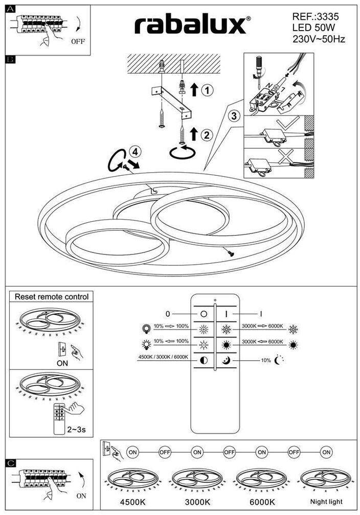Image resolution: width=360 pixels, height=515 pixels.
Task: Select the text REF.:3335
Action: coord(316,16)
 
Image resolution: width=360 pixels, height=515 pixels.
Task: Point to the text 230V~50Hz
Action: coord(319,38)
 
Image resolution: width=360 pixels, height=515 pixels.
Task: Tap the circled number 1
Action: coord(207,90)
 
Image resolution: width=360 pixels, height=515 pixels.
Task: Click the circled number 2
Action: coord(207,135)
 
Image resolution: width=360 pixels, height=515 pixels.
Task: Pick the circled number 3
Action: coord(234,116)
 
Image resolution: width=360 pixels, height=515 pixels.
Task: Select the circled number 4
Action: coord(134,151)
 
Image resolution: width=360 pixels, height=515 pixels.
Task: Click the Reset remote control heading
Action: coord(51,296)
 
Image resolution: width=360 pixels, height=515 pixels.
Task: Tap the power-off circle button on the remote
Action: coord(204,314)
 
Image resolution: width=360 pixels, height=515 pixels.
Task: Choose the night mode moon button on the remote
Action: coord(226,361)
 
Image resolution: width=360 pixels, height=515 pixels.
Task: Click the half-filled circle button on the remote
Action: coord(204,361)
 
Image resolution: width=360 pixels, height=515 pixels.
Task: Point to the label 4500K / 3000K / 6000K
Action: coord(163,357)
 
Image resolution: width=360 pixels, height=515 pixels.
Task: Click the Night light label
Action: coord(326,502)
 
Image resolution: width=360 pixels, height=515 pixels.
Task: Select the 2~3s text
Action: coord(76,429)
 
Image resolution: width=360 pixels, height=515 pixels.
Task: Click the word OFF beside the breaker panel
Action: coord(78,42)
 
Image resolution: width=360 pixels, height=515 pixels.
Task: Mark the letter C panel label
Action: coord(11,463)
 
